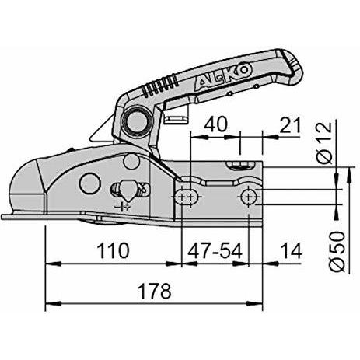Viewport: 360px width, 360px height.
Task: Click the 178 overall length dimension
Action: point(155,291)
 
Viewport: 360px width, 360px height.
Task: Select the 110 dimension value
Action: point(113,250)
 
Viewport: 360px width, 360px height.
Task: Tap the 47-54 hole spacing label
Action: point(215,250)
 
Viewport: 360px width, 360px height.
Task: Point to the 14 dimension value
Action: point(292,250)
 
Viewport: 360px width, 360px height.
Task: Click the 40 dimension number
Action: point(215,124)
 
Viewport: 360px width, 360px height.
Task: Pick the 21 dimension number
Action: point(291,124)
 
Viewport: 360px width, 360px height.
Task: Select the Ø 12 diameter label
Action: point(324,143)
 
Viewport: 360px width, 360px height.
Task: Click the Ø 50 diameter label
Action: point(337,252)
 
